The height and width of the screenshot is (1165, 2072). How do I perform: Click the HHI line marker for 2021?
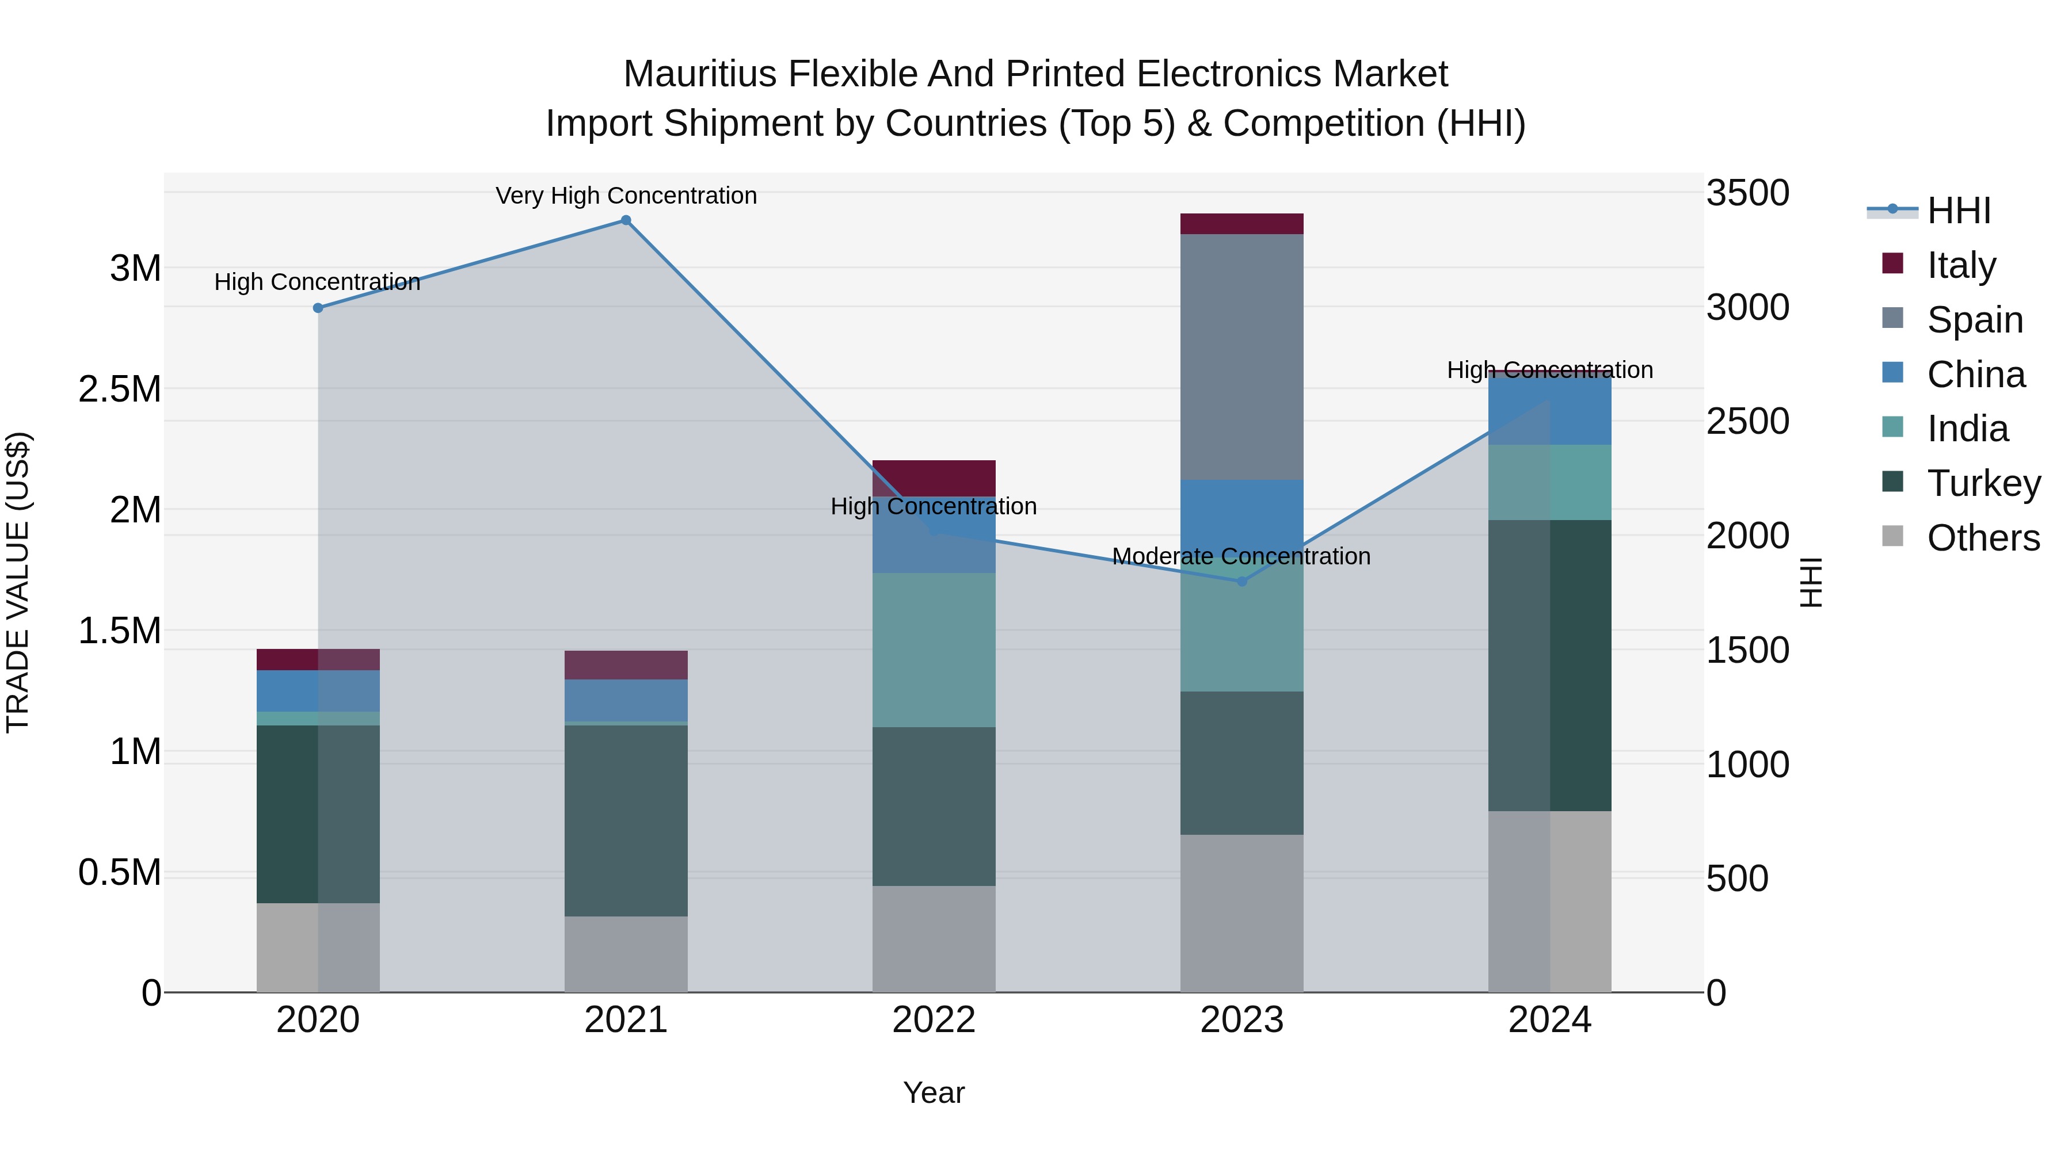(x=626, y=220)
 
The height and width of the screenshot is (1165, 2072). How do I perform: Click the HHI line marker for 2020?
(x=318, y=308)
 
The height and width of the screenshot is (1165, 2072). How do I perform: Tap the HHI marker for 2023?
(x=1241, y=581)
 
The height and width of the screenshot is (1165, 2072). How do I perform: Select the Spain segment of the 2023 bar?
(x=1241, y=356)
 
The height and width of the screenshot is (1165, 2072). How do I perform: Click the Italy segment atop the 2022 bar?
(x=934, y=478)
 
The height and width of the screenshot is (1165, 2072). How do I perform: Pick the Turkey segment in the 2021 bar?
(x=626, y=820)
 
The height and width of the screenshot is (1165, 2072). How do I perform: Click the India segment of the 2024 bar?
(x=1549, y=483)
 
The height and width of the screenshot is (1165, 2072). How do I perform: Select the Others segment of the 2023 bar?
(x=1241, y=914)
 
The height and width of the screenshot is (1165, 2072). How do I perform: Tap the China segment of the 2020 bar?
(x=318, y=690)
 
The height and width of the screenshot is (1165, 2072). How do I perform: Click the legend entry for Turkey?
(x=1983, y=483)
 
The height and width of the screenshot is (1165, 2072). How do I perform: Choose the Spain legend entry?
(x=1974, y=320)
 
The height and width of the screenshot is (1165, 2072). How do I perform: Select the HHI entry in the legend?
(x=1958, y=211)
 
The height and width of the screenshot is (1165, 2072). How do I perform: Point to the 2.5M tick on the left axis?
(x=120, y=389)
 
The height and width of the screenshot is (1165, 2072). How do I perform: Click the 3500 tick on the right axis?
(x=1747, y=193)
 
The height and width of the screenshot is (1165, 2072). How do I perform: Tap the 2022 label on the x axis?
(x=934, y=1020)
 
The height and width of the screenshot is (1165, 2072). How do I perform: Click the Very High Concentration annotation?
(x=626, y=196)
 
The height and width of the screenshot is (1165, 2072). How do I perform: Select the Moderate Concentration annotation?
(x=1241, y=556)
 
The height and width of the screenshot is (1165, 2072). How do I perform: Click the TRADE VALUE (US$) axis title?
(x=18, y=582)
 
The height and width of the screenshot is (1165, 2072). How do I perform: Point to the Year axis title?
(x=934, y=1093)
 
